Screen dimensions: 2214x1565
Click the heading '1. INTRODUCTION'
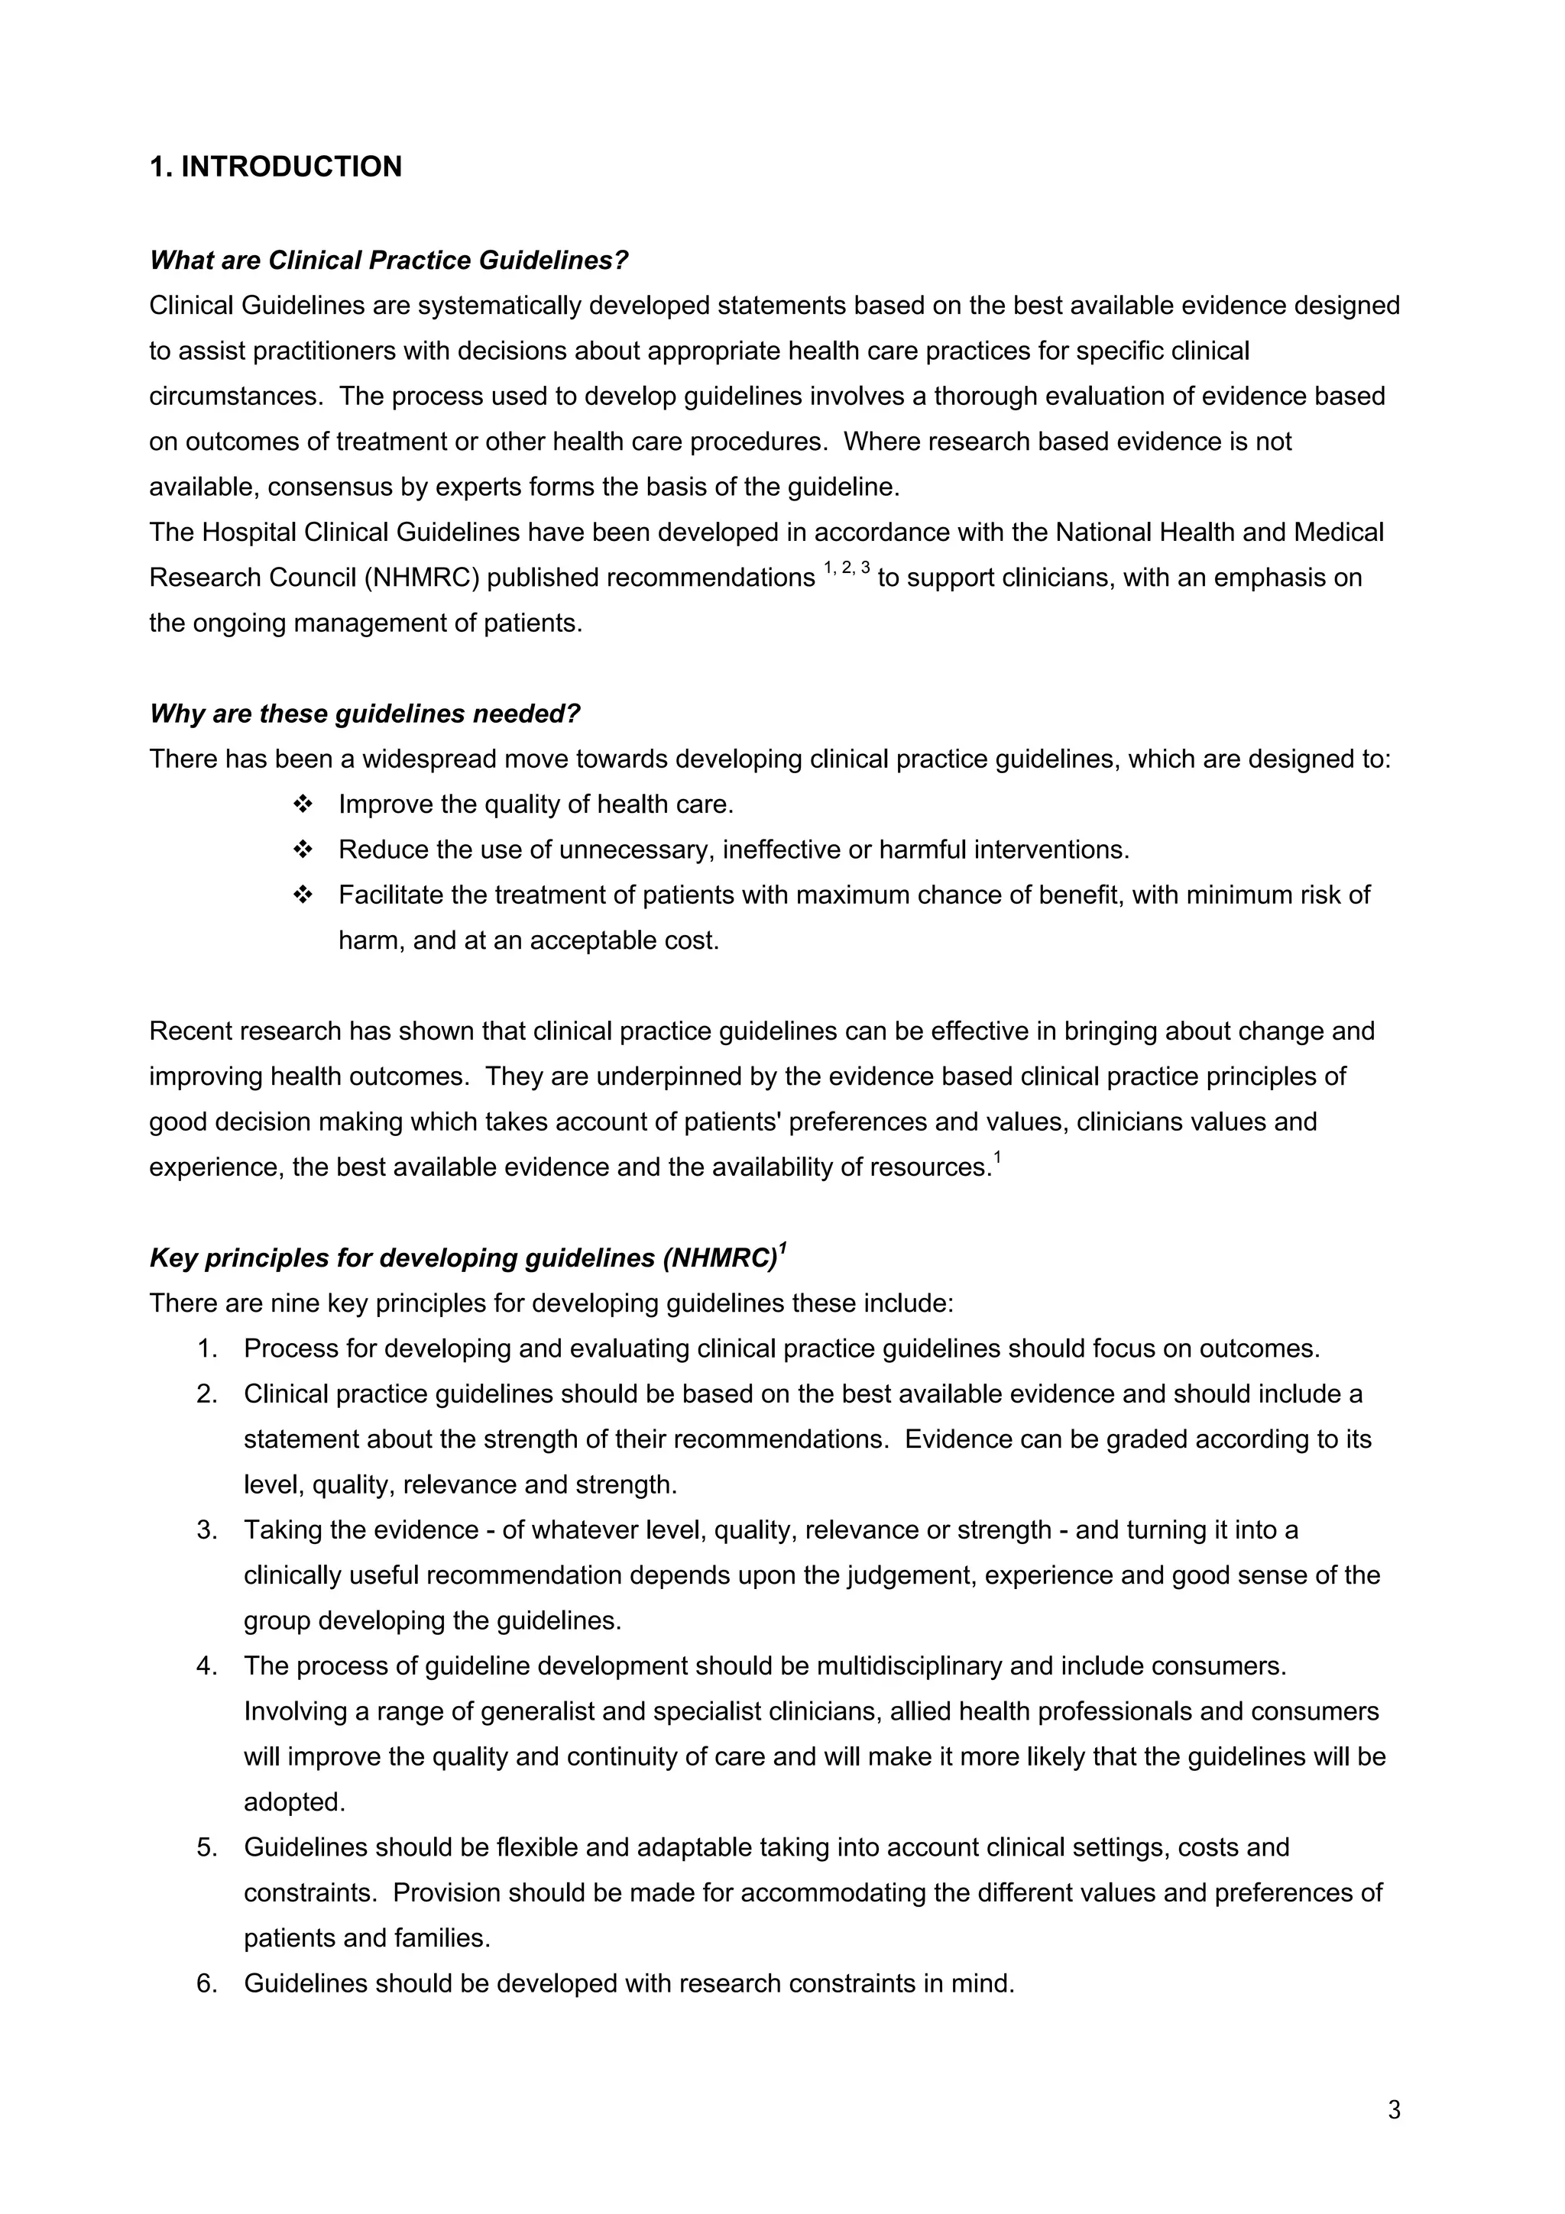276,167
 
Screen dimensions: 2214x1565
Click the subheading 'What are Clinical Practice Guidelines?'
389,261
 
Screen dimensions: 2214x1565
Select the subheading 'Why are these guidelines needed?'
365,714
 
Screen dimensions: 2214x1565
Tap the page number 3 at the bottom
1393,2110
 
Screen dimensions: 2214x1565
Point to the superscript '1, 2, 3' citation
847,570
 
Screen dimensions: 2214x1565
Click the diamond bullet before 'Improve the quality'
303,804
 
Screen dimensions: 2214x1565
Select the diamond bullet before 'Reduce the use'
303,850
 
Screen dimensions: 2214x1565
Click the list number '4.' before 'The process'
207,1667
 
